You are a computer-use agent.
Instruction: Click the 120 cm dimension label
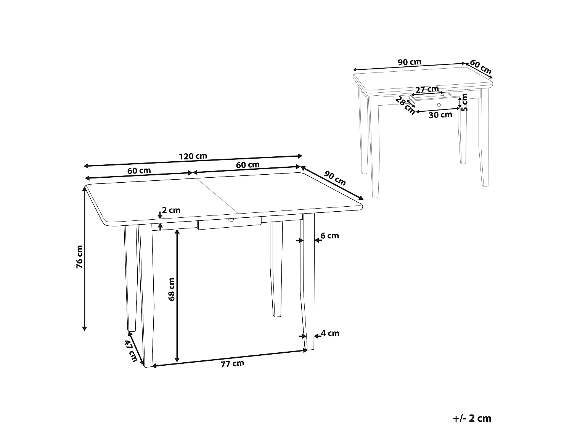[193, 156]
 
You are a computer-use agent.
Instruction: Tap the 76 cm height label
[79, 257]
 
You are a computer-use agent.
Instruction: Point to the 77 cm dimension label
[232, 364]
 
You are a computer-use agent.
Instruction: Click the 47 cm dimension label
[131, 351]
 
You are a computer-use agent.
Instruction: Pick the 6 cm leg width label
[329, 236]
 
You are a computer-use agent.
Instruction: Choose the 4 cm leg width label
[330, 333]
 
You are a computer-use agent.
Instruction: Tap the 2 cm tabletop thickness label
[171, 210]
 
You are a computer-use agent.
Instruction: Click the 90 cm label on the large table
[335, 178]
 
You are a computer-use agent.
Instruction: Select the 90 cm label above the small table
[410, 62]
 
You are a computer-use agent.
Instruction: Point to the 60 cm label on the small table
[480, 67]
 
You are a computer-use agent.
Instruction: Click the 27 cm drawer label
[427, 90]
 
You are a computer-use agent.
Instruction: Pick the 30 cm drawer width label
[440, 114]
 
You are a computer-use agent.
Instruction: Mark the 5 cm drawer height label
[464, 102]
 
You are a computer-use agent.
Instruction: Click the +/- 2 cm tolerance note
[472, 418]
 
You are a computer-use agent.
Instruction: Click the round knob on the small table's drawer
[439, 104]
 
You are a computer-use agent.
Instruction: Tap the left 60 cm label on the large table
[139, 171]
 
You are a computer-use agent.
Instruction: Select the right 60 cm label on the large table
[248, 165]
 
